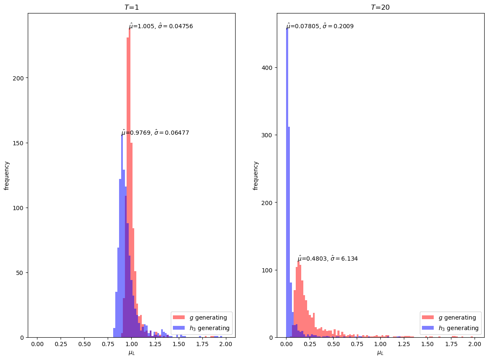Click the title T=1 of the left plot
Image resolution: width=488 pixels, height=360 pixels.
point(131,7)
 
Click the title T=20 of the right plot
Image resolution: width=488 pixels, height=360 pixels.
point(380,7)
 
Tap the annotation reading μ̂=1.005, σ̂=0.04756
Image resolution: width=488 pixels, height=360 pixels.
point(161,26)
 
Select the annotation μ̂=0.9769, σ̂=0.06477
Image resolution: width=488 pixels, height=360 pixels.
point(155,133)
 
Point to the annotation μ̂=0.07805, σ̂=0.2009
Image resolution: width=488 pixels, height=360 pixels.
point(320,26)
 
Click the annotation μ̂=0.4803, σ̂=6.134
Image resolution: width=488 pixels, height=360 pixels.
point(328,259)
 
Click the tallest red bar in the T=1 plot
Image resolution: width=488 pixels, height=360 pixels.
point(130,183)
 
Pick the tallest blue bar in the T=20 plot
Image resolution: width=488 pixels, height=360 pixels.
point(287,183)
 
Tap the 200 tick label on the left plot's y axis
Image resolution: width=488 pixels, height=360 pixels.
point(18,78)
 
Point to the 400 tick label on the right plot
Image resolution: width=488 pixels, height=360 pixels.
point(267,67)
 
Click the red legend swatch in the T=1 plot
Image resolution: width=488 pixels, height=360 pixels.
point(179,317)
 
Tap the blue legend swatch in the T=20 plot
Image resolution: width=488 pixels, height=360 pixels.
point(428,328)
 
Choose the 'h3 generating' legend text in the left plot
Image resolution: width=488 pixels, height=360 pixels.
point(210,328)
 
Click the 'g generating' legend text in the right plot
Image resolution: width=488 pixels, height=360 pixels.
point(457,317)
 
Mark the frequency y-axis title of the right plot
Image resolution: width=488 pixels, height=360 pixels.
point(255,176)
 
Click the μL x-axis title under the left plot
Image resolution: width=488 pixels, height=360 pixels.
point(131,353)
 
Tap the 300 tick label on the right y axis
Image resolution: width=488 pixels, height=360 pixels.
point(267,135)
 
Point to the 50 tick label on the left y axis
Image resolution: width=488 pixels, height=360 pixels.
point(20,273)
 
